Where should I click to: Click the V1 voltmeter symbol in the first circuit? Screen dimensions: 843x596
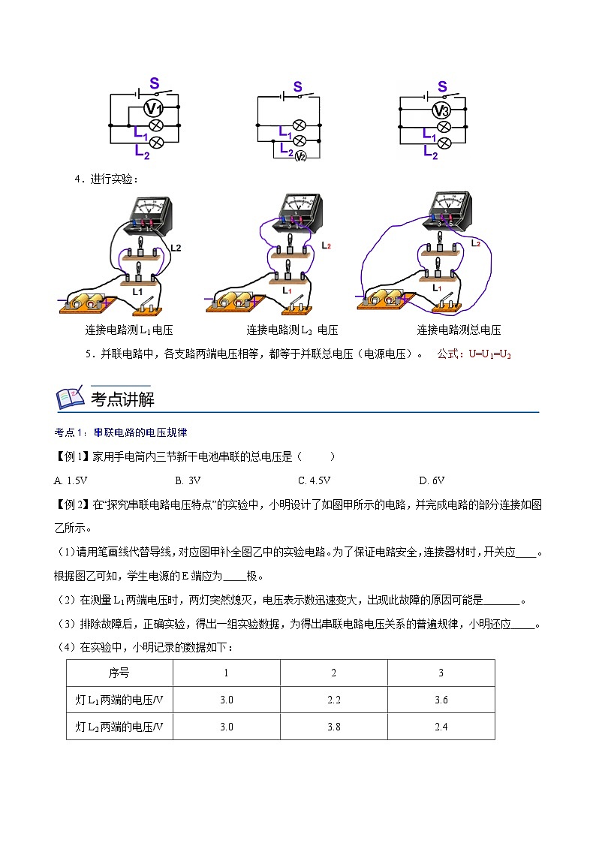(155, 109)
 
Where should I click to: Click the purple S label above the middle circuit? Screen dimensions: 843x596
(297, 87)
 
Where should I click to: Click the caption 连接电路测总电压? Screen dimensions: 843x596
(459, 330)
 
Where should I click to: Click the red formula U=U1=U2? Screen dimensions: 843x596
(489, 354)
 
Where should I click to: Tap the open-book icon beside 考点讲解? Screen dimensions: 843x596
(71, 398)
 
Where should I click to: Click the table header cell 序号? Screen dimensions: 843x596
(119, 673)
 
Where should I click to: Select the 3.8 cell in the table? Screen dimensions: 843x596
(334, 726)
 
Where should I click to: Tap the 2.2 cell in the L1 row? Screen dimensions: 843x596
(334, 700)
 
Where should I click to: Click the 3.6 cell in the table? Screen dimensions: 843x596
(441, 700)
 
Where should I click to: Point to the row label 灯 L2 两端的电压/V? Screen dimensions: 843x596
(119, 726)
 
